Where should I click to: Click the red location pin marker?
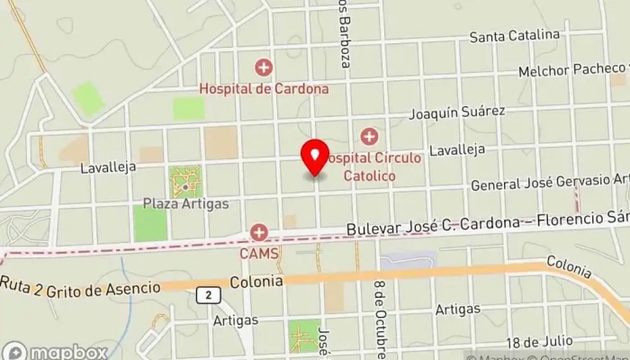tap(314, 158)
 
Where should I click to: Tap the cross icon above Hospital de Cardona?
tap(264, 67)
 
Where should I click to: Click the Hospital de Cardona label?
tap(264, 89)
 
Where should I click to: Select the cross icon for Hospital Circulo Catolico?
tap(368, 137)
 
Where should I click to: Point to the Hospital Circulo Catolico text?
tap(371, 166)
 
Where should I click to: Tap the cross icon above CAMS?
tap(259, 233)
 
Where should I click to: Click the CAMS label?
tap(260, 254)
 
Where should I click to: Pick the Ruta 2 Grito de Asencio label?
tap(80, 286)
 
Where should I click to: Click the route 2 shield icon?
tap(208, 294)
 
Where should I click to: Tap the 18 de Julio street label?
tap(538, 341)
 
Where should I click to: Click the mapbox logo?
tap(55, 352)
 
